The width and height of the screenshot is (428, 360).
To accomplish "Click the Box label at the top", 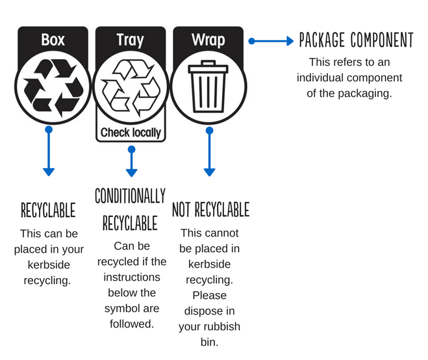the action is (x=52, y=40).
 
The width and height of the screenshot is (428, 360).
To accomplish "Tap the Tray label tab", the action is (x=130, y=40).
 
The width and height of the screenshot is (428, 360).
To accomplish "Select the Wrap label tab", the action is (x=208, y=40).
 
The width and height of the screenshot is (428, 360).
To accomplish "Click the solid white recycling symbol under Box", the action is (x=52, y=87).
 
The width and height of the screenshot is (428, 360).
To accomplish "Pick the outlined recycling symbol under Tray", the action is (x=131, y=87).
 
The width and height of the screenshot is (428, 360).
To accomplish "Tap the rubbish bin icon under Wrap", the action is (x=209, y=87).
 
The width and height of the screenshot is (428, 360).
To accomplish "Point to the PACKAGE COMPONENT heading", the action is (x=355, y=41).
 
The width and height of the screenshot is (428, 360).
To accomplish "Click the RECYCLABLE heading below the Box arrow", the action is (x=48, y=211).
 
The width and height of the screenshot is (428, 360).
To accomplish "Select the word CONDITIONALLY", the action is (x=131, y=196).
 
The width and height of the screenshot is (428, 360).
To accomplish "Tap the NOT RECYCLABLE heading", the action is (x=210, y=210).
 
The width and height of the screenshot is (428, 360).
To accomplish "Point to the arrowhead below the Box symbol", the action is (x=49, y=172).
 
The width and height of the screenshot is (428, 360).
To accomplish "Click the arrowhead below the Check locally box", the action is (x=131, y=173).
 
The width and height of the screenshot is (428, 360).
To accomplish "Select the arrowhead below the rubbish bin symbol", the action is (x=209, y=172).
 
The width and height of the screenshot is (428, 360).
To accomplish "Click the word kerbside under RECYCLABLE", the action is (x=48, y=264).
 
